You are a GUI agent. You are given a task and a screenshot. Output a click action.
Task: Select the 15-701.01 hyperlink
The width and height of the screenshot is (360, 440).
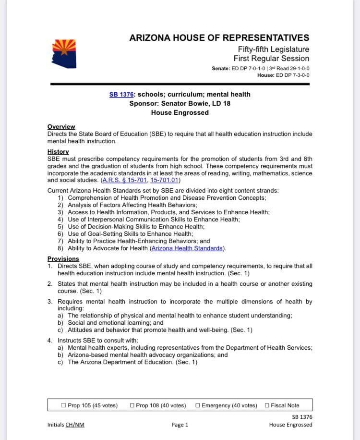point(165,181)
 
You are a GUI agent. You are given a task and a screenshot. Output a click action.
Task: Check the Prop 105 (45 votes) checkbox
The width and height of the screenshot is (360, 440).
point(64,405)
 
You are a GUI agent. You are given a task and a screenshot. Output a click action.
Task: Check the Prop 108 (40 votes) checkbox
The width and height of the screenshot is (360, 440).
point(132,405)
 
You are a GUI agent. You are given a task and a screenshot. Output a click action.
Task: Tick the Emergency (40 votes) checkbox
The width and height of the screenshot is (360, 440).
point(198,405)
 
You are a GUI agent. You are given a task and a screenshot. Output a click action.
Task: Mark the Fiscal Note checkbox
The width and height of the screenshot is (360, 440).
point(267,405)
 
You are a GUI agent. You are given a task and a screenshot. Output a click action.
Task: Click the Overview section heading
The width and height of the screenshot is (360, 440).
point(61,127)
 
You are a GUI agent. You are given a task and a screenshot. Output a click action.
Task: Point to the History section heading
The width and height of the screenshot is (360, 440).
point(58,152)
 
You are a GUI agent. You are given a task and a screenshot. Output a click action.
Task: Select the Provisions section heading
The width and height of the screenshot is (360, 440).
point(63,259)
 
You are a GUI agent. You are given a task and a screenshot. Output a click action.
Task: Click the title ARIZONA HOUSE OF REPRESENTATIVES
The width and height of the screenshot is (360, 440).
point(219,38)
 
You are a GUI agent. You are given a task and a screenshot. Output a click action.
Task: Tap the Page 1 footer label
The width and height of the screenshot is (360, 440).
point(180,425)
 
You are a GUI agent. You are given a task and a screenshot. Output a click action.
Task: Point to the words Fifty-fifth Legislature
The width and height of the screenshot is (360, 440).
point(273,49)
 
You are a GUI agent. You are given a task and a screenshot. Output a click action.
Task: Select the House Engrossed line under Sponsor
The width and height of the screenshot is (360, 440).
point(180,113)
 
